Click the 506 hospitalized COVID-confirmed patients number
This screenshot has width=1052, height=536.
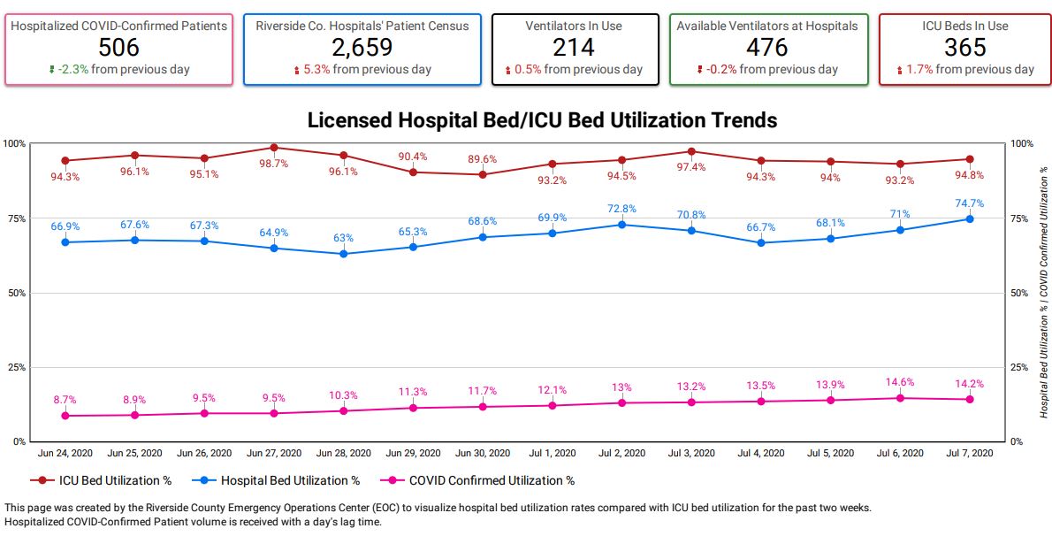[x=118, y=47]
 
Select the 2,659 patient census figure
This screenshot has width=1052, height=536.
[x=362, y=47]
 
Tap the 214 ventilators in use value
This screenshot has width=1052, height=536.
[x=575, y=47]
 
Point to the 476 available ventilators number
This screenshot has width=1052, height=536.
[x=767, y=47]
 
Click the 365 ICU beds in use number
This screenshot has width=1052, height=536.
[x=964, y=47]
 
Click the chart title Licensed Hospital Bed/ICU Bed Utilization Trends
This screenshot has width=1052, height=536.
[x=542, y=120]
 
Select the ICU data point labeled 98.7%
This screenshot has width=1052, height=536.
[x=274, y=148]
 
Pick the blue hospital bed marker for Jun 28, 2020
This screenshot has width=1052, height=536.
[x=344, y=254]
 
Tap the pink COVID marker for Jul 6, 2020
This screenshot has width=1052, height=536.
[x=900, y=398]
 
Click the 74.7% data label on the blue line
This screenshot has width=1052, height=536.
[x=970, y=203]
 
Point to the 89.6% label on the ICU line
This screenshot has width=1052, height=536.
[x=483, y=159]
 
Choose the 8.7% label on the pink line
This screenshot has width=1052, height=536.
[x=65, y=401]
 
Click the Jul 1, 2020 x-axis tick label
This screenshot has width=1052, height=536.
[x=553, y=453]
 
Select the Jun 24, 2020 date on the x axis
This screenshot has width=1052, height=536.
[x=65, y=453]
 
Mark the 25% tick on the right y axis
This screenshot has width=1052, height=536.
[x=1021, y=367]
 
